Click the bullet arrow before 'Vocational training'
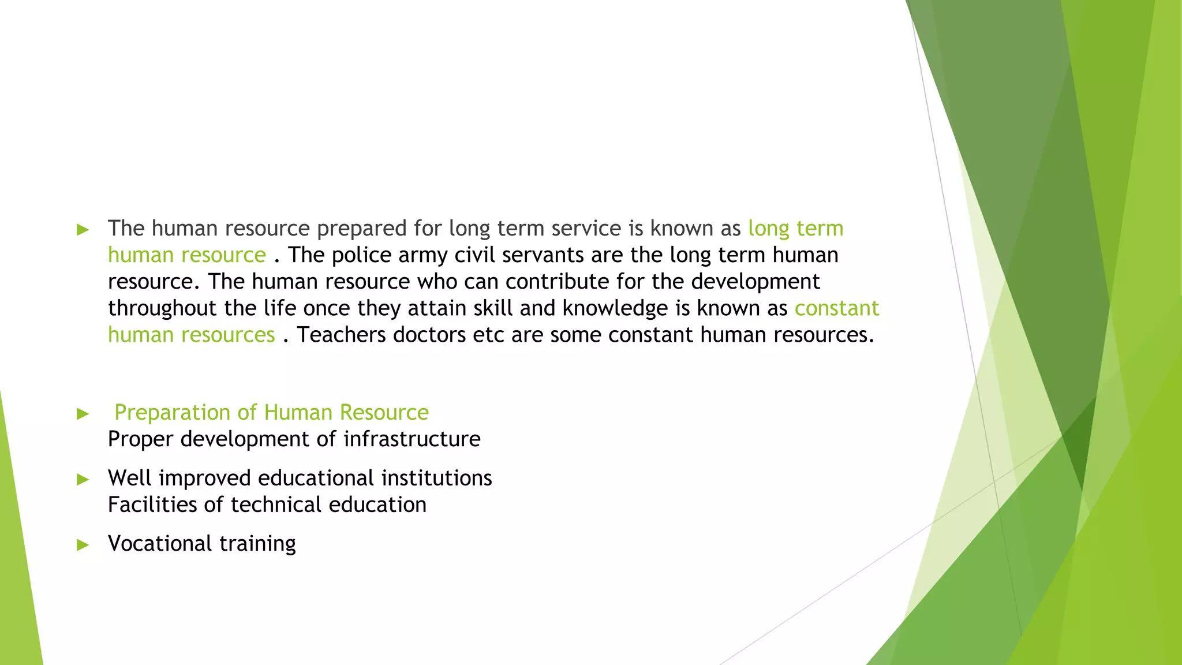pyautogui.click(x=83, y=545)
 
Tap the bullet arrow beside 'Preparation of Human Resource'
pyautogui.click(x=83, y=413)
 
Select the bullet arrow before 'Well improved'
pyautogui.click(x=83, y=479)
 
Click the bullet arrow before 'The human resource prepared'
pyautogui.click(x=83, y=230)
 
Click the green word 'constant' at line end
pyautogui.click(x=836, y=308)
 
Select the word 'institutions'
pyautogui.click(x=436, y=479)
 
